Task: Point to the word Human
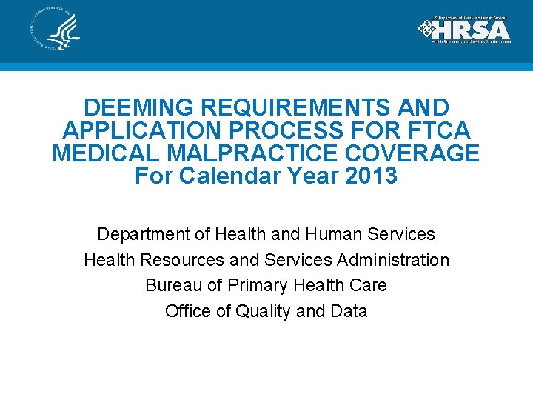[x=331, y=235]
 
